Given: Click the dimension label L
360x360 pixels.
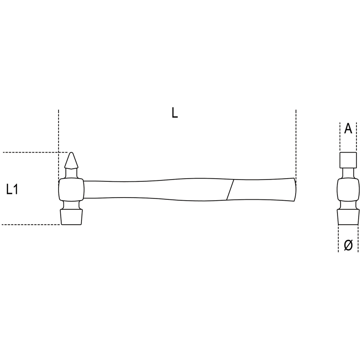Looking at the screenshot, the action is point(175,113).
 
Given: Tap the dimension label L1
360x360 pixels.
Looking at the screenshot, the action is point(12,189).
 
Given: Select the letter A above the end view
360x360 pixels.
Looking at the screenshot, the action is point(348,128).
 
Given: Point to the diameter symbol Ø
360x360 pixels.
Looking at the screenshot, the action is point(348,245).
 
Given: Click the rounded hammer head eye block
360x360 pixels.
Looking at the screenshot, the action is point(72,190).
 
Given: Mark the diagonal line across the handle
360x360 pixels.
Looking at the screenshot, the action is point(230,190).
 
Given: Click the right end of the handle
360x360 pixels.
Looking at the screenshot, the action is point(295,189).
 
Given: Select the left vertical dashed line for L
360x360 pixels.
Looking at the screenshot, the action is point(58,144).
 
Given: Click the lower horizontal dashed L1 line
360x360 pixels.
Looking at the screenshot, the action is point(31,225).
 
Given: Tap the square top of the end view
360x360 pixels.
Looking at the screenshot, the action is point(348,160).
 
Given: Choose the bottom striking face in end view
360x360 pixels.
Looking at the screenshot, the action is point(348,217).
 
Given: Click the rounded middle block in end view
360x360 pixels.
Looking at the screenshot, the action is point(348,190).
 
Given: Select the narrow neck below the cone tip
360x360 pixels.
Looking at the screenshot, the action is point(72,174).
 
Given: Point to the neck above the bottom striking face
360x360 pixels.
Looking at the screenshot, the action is point(71,205).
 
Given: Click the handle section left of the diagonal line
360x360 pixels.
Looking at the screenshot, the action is point(157,189).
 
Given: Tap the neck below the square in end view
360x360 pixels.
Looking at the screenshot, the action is point(348,173).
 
